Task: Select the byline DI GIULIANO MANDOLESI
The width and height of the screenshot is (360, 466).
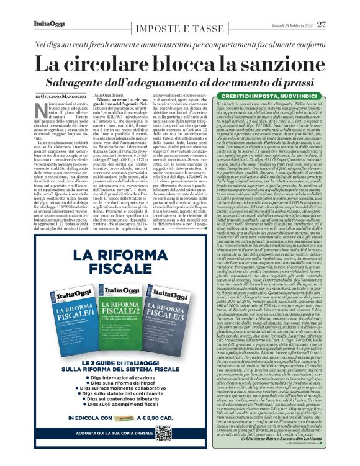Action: click(x=60, y=98)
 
